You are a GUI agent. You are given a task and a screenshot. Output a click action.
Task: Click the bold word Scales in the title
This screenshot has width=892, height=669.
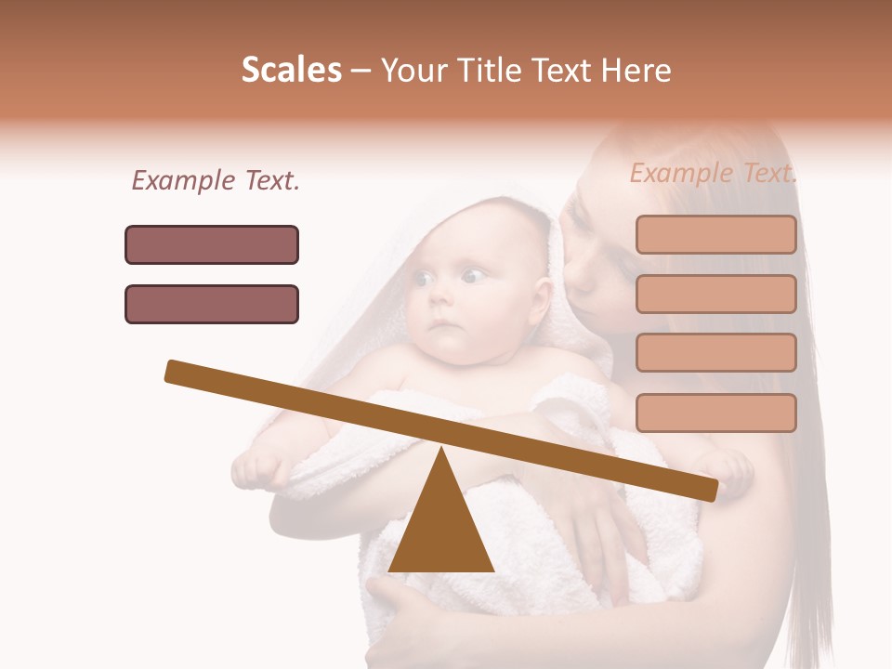coord(291,70)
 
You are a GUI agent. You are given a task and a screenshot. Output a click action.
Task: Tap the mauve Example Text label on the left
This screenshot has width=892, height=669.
coord(216,181)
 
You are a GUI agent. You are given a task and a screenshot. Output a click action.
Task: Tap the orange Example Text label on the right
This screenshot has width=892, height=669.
coord(713,173)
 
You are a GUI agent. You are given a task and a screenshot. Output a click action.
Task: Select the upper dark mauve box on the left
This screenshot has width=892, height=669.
coord(212,244)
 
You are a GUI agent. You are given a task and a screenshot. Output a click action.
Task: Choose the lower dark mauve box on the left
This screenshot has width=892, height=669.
coord(212,304)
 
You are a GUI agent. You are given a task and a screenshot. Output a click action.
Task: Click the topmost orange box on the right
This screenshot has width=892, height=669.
coord(715,234)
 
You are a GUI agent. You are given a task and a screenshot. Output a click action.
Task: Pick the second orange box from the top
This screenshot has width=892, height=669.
coord(715,294)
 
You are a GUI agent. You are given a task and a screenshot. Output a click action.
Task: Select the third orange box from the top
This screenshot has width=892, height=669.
coord(715,352)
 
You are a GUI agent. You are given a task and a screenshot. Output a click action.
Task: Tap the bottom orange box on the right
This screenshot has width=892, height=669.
coord(715,413)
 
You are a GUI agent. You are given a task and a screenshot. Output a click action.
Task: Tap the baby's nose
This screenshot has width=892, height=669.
coord(442,299)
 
